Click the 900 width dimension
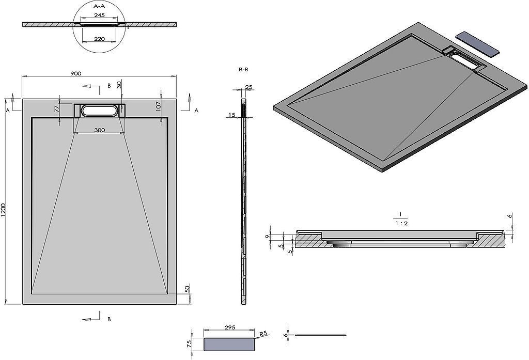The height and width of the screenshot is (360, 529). tap(75, 74)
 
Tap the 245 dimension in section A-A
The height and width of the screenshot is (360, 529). tap(99, 15)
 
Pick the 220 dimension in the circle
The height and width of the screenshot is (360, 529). tap(99, 38)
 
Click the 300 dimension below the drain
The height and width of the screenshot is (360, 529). tap(100, 130)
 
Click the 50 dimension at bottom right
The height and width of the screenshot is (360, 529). tap(187, 290)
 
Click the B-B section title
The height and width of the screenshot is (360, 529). tap(243, 69)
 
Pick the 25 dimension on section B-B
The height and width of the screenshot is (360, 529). tap(248, 87)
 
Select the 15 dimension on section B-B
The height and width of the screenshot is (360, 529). tap(231, 115)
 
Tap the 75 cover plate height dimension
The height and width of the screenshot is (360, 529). tap(189, 343)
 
